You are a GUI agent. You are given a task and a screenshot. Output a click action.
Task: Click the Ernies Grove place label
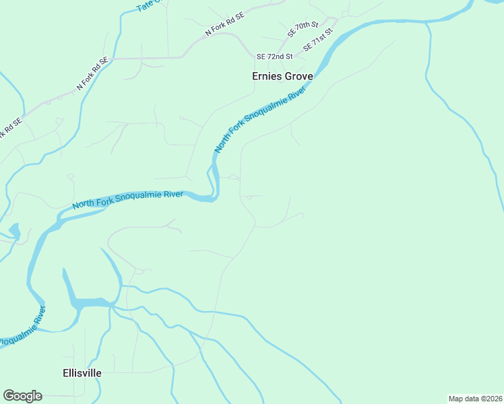point(282,77)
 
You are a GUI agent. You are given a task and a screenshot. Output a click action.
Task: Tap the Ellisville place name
point(82,372)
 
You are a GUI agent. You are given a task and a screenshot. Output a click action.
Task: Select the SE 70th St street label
point(302,30)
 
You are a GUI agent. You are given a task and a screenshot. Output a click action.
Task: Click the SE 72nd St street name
point(274,57)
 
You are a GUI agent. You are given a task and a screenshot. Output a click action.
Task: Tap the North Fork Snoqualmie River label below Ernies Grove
point(259,119)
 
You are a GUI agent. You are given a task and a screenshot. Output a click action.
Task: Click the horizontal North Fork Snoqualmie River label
point(127,199)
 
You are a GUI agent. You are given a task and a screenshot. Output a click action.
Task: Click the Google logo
point(22,396)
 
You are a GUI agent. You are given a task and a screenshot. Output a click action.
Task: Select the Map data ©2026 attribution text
point(475,399)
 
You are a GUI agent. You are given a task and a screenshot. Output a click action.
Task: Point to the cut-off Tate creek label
point(148,5)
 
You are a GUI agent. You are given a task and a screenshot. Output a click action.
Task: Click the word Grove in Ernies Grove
point(298,77)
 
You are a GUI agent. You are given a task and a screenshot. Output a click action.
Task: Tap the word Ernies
point(266,77)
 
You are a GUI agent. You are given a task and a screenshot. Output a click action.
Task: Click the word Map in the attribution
point(455,399)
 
